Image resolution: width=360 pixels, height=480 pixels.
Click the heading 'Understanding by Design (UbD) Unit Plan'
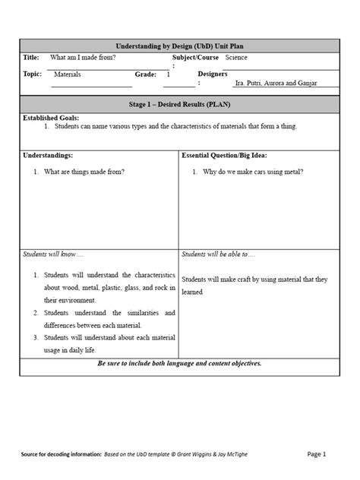point(179,46)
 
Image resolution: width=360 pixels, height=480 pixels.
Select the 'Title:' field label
point(31,58)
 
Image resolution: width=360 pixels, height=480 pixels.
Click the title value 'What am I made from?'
point(83,58)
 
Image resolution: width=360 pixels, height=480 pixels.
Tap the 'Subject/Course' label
point(195,58)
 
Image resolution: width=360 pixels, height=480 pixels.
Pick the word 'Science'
point(236,58)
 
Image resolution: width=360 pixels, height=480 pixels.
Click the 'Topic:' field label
point(33,74)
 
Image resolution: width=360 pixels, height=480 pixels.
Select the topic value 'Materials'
point(67,74)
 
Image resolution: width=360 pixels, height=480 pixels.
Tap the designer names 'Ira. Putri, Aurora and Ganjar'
point(276,83)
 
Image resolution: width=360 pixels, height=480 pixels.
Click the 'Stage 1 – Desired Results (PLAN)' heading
point(179,104)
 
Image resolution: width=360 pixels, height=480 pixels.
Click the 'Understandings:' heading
point(48,155)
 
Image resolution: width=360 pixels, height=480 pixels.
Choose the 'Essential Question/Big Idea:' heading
point(228,155)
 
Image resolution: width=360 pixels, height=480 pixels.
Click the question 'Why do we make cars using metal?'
point(253,172)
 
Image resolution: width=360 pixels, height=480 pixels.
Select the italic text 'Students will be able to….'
point(219,254)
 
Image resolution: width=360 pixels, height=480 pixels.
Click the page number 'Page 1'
point(316,454)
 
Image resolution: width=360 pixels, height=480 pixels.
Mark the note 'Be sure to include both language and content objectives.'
point(179,364)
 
